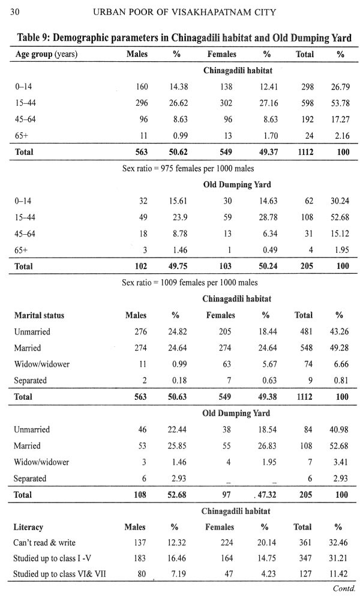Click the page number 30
[14, 13]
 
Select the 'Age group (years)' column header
[46, 55]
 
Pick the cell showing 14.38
[179, 87]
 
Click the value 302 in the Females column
[226, 103]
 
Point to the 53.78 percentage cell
[340, 103]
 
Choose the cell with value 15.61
[178, 201]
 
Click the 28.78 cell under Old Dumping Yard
[268, 217]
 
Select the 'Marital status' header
[39, 315]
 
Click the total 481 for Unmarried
[305, 332]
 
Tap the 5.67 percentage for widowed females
[269, 364]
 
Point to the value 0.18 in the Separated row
[179, 381]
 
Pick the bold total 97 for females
[226, 495]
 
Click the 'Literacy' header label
[28, 527]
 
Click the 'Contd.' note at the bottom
[344, 588]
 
